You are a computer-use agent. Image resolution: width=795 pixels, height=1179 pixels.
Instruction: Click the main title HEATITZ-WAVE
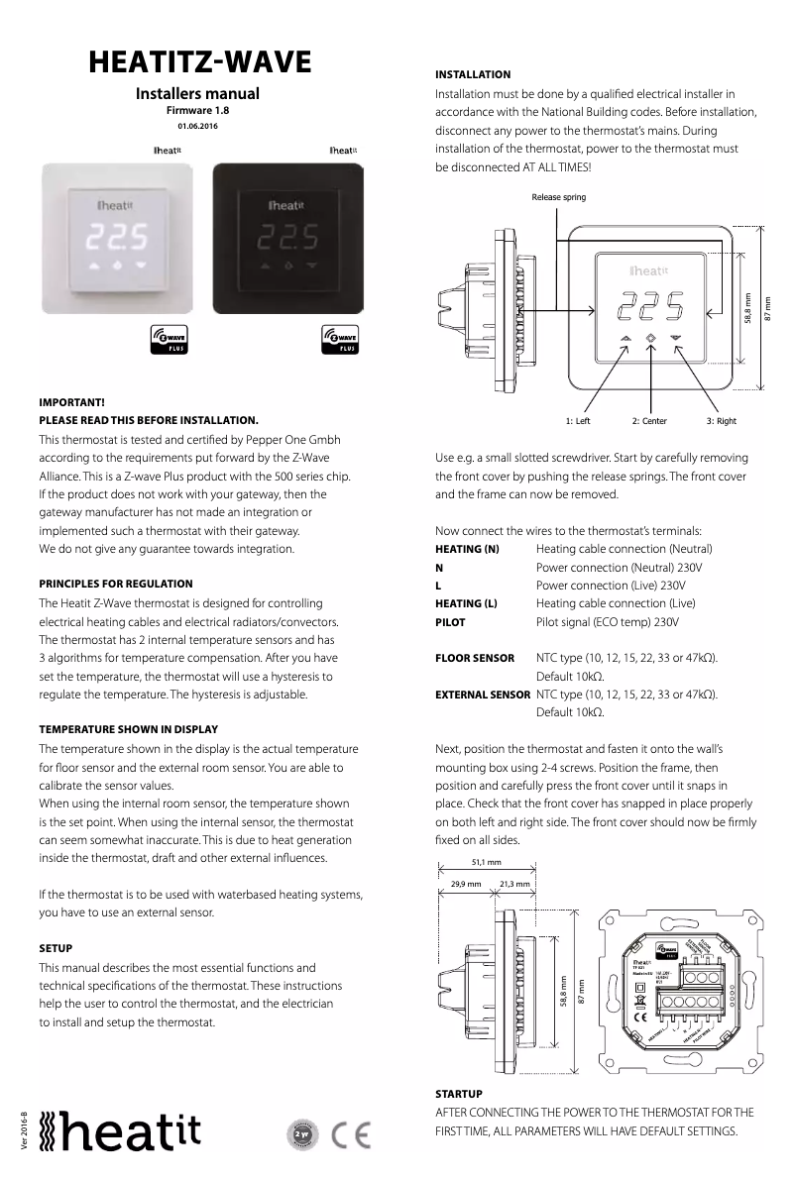(199, 62)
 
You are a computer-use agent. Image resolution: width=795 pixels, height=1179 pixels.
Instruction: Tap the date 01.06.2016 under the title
(198, 127)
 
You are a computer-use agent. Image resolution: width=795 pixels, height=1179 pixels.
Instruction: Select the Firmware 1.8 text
(198, 112)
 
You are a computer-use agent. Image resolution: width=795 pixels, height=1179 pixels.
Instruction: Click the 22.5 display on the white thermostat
(118, 237)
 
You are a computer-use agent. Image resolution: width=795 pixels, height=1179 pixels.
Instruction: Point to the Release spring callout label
(558, 197)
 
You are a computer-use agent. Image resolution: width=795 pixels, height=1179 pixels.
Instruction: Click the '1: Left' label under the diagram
(578, 421)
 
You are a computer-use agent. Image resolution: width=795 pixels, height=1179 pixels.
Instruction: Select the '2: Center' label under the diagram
(649, 421)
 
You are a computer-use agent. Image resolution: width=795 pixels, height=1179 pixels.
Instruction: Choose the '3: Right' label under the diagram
(721, 421)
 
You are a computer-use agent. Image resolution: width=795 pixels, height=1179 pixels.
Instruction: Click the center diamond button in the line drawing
(651, 338)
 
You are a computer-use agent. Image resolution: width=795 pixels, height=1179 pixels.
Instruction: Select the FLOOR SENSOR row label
(475, 658)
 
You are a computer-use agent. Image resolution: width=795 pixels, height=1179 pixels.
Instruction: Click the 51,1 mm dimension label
(486, 862)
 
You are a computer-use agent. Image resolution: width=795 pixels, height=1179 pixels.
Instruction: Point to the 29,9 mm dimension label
(466, 883)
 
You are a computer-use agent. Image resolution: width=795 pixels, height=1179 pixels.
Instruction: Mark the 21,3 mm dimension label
(514, 883)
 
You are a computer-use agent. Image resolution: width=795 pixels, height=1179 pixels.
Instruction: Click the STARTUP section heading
(459, 1094)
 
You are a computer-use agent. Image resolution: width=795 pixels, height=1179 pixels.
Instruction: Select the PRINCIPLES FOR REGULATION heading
(116, 584)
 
